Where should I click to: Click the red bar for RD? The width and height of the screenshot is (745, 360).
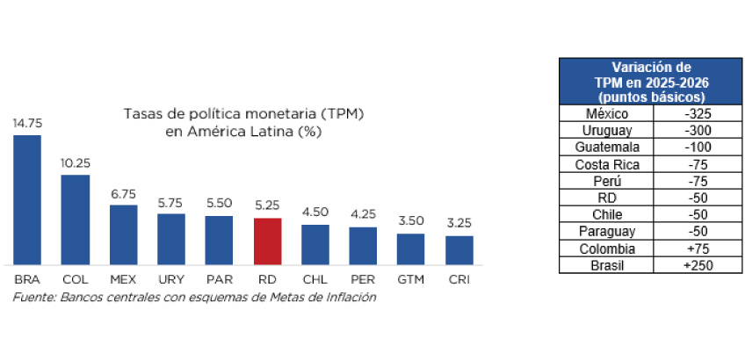(267, 241)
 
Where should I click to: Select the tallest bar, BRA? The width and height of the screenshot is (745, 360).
(27, 199)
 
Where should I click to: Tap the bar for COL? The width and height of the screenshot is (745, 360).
(75, 220)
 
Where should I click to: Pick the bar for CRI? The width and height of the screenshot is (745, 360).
(459, 250)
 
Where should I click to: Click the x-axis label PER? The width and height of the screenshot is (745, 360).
(363, 279)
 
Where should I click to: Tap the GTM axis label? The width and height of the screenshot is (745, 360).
(410, 279)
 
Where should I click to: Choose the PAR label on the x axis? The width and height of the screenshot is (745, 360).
(219, 279)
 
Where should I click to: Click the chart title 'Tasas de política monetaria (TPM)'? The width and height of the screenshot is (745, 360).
(243, 114)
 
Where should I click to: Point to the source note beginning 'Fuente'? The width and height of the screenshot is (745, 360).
(194, 297)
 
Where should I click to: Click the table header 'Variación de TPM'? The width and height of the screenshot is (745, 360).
(651, 82)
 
